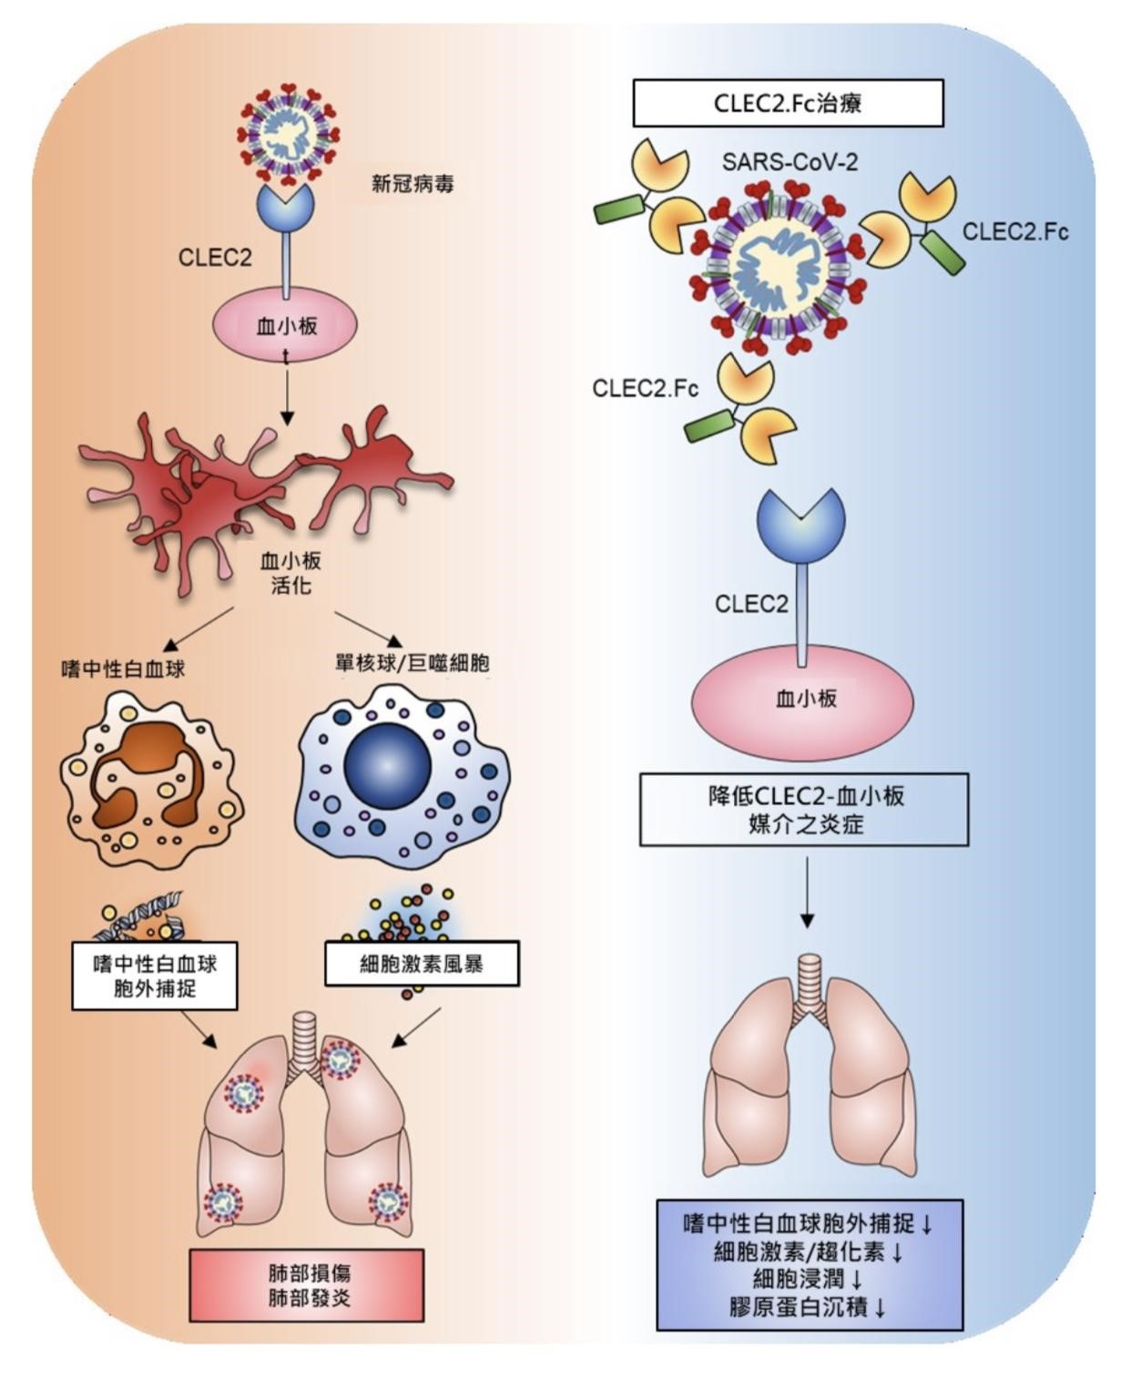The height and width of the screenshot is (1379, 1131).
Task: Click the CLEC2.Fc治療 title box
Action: pos(788,103)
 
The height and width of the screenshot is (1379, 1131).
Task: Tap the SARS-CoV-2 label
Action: pos(790,162)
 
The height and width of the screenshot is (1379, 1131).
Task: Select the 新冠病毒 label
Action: pos(412,184)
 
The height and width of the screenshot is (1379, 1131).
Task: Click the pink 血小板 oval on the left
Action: pos(285,325)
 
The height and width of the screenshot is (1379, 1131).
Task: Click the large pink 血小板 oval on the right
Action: pos(802,700)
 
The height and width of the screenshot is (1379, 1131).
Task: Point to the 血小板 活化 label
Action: pos(290,573)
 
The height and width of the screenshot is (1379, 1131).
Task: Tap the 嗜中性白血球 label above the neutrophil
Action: pos(123,669)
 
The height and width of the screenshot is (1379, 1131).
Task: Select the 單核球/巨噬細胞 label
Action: pos(413,663)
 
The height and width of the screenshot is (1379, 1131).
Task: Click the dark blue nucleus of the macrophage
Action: pos(387,765)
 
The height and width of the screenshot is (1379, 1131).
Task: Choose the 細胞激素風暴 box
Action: pos(422,964)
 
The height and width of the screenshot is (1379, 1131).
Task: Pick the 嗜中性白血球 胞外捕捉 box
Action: pos(155,976)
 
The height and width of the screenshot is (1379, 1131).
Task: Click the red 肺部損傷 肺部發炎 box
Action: pos(307,1285)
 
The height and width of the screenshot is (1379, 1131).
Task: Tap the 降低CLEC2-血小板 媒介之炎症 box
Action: pos(804,810)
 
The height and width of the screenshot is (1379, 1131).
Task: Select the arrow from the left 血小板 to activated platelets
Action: pos(287,392)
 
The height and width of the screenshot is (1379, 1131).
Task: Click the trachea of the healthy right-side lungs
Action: pos(809,984)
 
